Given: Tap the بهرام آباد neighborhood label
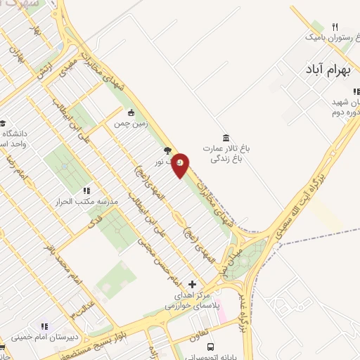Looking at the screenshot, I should pos(327,71).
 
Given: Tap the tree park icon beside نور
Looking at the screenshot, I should pos(167,150).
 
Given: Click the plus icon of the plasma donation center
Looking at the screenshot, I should pos(193,284).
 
